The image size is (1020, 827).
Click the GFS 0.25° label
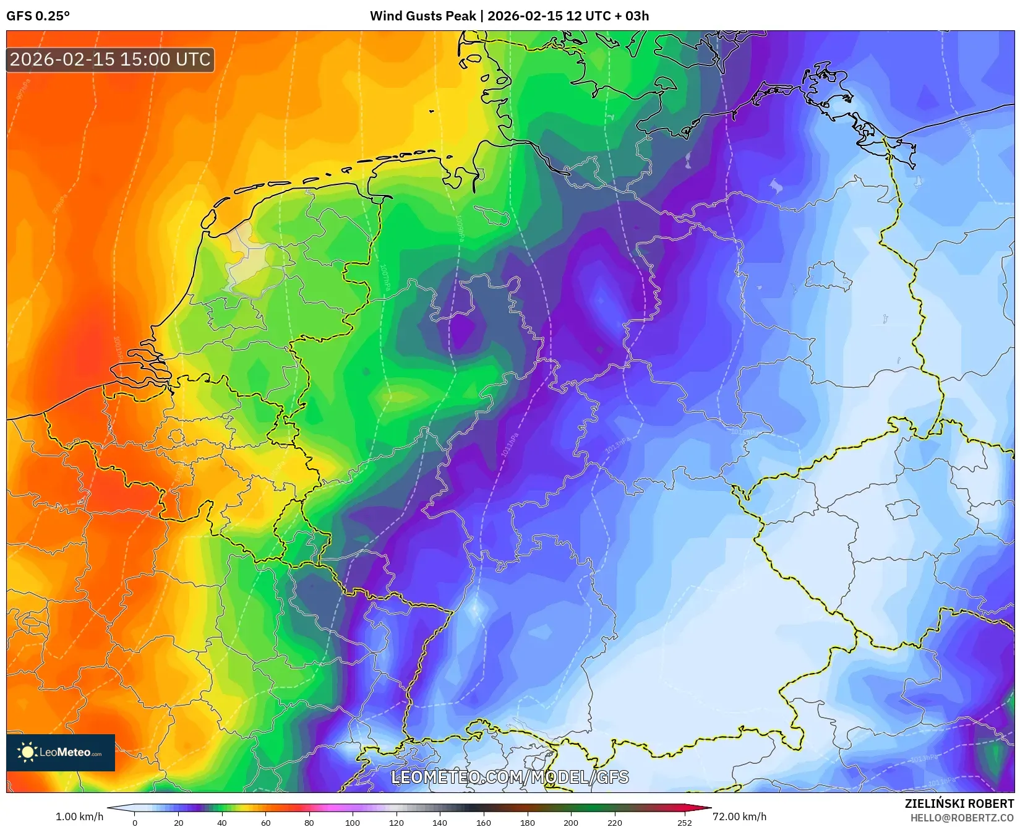tap(38, 16)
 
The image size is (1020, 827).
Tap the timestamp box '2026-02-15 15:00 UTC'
tap(110, 59)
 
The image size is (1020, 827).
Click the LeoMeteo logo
tap(61, 752)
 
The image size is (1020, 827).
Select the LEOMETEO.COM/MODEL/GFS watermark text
tap(510, 777)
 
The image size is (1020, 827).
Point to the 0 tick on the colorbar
tap(135, 822)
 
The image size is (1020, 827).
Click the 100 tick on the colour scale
tap(353, 822)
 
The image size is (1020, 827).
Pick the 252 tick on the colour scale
tap(684, 822)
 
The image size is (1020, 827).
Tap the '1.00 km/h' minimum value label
tap(79, 816)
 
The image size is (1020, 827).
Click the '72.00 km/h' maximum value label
tap(739, 816)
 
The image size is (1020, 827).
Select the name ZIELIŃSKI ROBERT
tap(959, 803)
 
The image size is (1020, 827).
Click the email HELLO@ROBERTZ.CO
tap(962, 818)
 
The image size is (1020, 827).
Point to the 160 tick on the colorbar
tap(484, 822)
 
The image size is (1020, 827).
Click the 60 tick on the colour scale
tap(265, 822)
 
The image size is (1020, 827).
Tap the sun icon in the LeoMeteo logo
tap(27, 752)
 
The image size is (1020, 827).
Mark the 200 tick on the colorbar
tap(571, 822)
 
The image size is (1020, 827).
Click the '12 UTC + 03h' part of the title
tap(607, 16)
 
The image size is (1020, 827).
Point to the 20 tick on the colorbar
tap(178, 822)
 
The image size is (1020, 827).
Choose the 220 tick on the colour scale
tap(614, 822)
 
